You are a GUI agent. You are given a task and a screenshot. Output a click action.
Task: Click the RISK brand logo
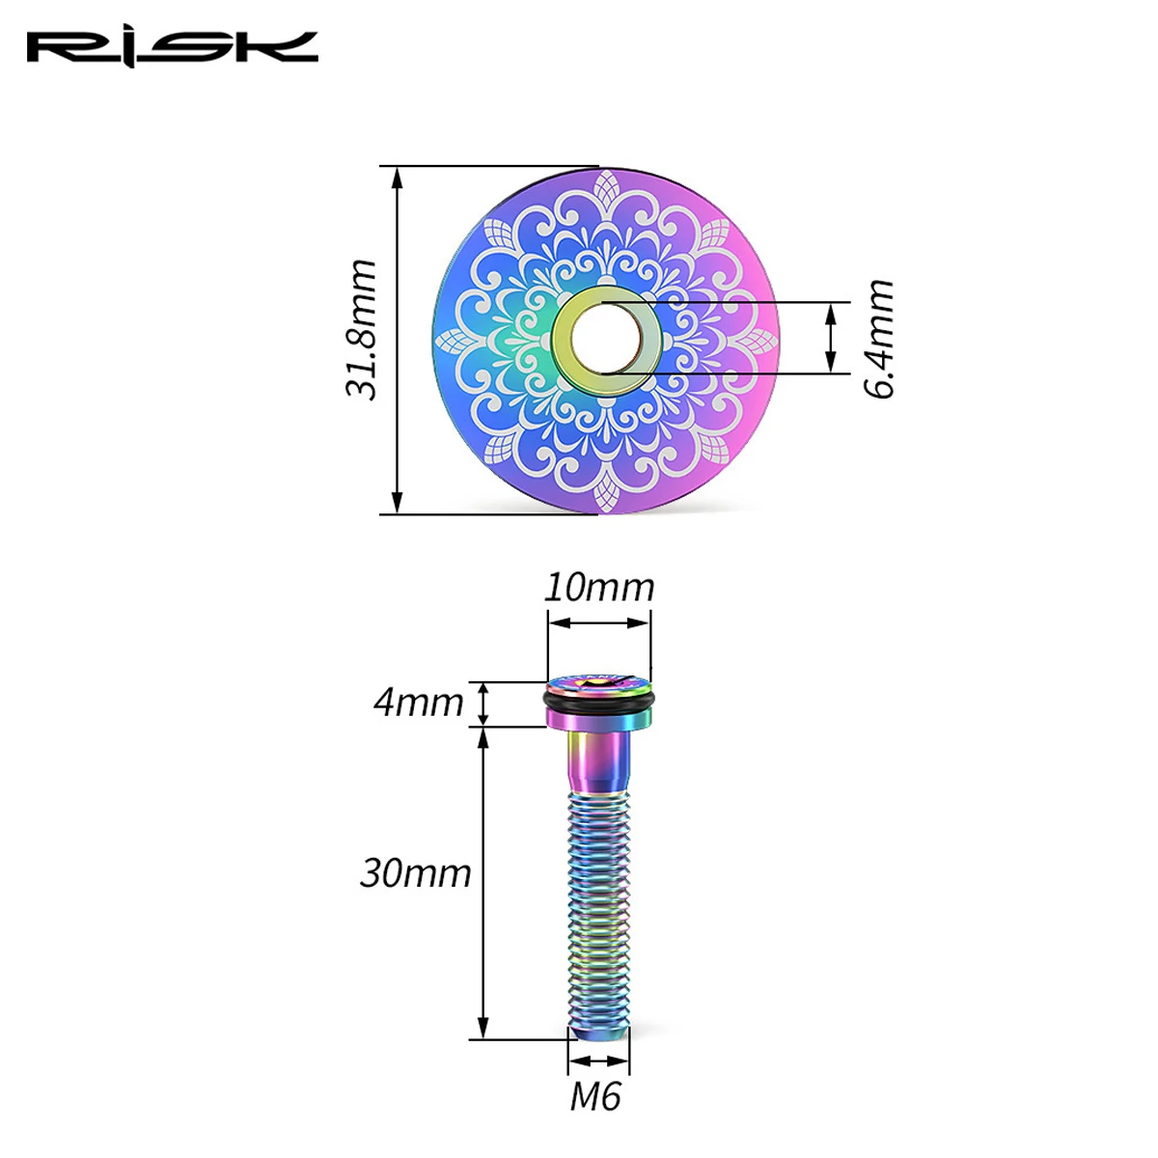173,48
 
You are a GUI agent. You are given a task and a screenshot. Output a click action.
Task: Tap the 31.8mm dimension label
361,330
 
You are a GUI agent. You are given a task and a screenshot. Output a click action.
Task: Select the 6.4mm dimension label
879,339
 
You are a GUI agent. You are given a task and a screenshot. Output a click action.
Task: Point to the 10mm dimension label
598,588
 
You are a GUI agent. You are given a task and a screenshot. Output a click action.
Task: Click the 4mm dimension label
418,703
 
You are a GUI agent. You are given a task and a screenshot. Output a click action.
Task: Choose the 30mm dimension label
415,873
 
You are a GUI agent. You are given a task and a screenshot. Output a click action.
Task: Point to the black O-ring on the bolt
598,700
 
